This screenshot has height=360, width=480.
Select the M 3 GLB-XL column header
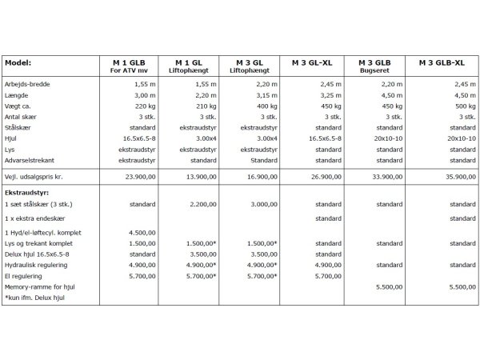[444, 62]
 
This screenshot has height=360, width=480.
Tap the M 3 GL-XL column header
[318, 62]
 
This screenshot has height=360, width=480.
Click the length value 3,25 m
[330, 94]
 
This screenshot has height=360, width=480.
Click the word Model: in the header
[18, 62]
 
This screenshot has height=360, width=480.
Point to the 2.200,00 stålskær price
[204, 204]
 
